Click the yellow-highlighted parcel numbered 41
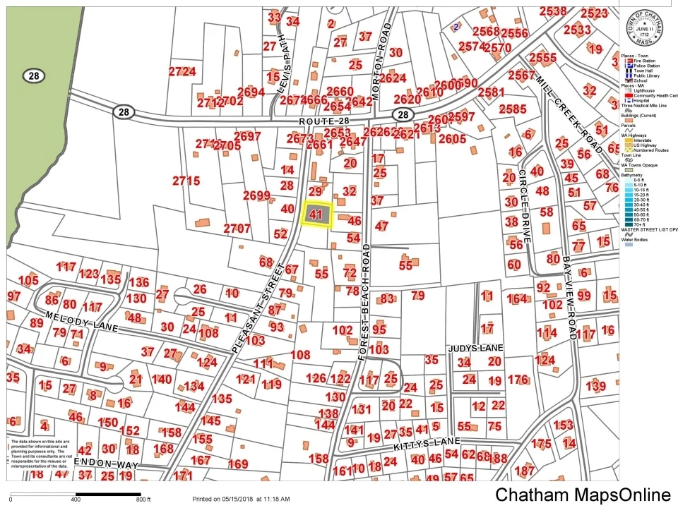click(x=317, y=214)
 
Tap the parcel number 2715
click(x=186, y=181)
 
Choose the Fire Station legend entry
click(x=643, y=61)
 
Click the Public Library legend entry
click(x=646, y=75)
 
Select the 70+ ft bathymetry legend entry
click(x=636, y=224)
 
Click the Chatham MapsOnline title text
click(x=583, y=495)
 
